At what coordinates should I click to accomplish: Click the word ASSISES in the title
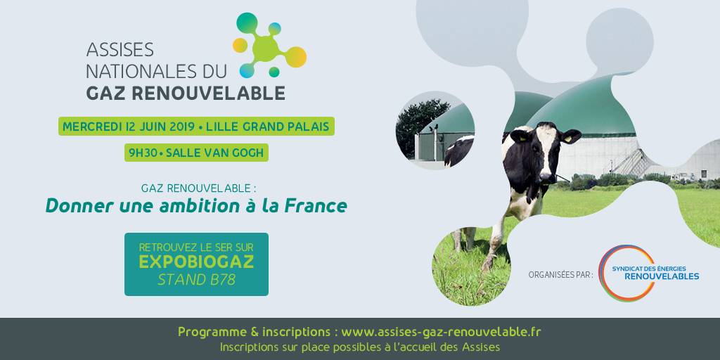(x=120, y=50)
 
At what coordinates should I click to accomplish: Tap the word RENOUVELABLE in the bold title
(x=208, y=92)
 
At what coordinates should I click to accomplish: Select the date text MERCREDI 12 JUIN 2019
(x=129, y=127)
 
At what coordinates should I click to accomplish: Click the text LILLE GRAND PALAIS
(x=268, y=127)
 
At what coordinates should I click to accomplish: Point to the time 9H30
(x=142, y=153)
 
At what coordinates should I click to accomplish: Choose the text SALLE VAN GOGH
(x=215, y=153)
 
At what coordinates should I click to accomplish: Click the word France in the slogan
(x=316, y=206)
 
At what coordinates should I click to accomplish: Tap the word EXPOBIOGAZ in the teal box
(x=196, y=262)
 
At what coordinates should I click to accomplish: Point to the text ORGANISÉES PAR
(x=560, y=275)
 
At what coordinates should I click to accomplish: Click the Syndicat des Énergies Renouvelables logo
(x=648, y=274)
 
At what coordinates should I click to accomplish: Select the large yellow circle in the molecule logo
(x=296, y=57)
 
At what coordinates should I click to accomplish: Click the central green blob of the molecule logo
(x=265, y=48)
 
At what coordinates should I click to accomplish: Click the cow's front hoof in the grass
(x=487, y=264)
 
